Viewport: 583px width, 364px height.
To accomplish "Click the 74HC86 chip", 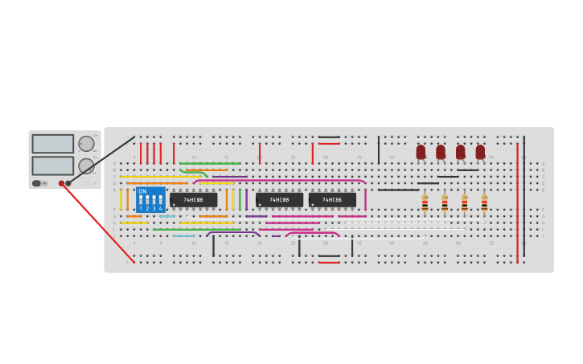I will coord(332,199).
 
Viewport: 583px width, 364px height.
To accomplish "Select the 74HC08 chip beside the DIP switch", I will coord(193,199).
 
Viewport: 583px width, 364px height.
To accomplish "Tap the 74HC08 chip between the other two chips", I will coord(279,199).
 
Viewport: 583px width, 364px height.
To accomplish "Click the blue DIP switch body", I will coord(150,199).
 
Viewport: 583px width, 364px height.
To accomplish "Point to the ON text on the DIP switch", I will coord(142,191).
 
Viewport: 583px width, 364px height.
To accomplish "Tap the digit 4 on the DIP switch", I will coord(161,208).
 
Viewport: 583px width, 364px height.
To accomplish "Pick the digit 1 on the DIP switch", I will coord(140,208).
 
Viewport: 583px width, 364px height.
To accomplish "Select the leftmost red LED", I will coord(421,151).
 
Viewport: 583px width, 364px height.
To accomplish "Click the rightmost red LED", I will coord(480,151).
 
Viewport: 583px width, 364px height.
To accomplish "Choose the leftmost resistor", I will coord(425,204).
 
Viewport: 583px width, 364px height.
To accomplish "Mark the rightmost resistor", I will coord(484,204).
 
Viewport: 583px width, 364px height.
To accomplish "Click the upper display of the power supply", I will coord(53,144).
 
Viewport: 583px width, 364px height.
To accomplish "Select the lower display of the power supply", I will coord(53,166).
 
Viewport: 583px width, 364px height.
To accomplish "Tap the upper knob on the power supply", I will coord(85,144).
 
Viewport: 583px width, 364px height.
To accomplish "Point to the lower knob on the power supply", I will coord(85,166).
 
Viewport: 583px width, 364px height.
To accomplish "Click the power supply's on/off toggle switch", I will coord(37,183).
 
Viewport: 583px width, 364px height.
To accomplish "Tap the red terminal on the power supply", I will coord(61,183).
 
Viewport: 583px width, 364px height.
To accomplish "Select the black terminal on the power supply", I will coord(68,183).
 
